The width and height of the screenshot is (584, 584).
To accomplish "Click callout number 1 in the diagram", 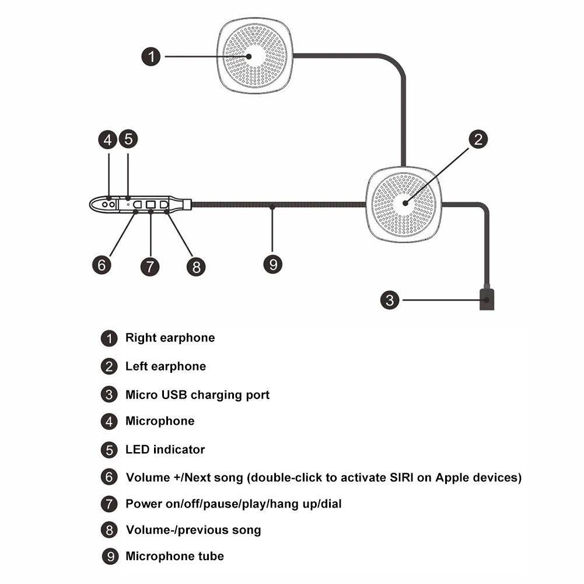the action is [x=151, y=57].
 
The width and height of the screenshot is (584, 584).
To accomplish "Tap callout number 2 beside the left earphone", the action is [x=478, y=139].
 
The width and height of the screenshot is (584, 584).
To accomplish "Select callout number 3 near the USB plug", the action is [x=390, y=300].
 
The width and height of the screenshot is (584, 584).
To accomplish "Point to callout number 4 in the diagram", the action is [x=107, y=139].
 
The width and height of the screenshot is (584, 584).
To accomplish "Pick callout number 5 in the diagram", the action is [x=128, y=139].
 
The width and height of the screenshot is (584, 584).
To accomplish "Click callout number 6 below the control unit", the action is [x=102, y=265].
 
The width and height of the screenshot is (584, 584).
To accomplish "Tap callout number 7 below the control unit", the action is [x=150, y=267].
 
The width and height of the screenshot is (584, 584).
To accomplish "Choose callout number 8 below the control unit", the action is [x=196, y=267].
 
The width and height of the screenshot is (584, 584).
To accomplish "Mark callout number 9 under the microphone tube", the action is [x=272, y=264].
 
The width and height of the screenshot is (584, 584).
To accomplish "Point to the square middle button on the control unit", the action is [x=151, y=204].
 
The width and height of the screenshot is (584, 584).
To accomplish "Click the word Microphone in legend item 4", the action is [x=160, y=421].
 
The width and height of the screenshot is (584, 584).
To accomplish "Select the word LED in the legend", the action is [x=138, y=449].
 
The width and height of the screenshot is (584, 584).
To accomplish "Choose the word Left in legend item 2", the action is [x=137, y=366].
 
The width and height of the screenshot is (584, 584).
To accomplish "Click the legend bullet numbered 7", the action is [x=109, y=504].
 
